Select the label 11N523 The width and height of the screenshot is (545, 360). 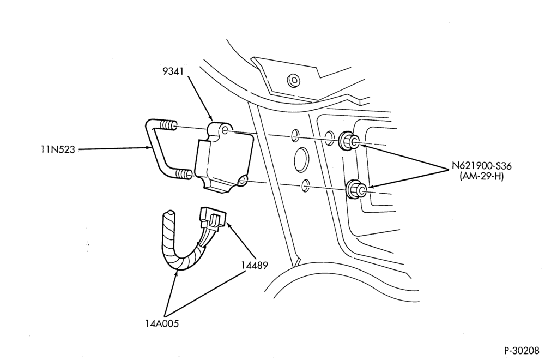(x=57, y=149)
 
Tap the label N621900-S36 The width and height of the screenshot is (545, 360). (x=481, y=166)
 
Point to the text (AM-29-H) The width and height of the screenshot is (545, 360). (x=481, y=177)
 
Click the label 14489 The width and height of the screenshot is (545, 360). (x=255, y=266)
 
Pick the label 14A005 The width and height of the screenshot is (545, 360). (x=162, y=324)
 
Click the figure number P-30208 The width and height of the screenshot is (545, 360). (x=523, y=350)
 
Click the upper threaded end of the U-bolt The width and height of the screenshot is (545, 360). (x=168, y=125)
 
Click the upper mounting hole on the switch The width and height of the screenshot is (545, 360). (x=225, y=130)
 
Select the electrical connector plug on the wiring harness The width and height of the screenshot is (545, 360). (x=213, y=218)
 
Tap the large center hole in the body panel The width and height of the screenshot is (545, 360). (x=301, y=160)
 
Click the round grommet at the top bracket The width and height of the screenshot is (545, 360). (x=294, y=80)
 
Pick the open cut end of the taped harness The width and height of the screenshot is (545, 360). (x=170, y=212)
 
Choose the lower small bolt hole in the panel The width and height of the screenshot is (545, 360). (x=305, y=185)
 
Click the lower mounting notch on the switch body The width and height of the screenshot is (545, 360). (x=243, y=180)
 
